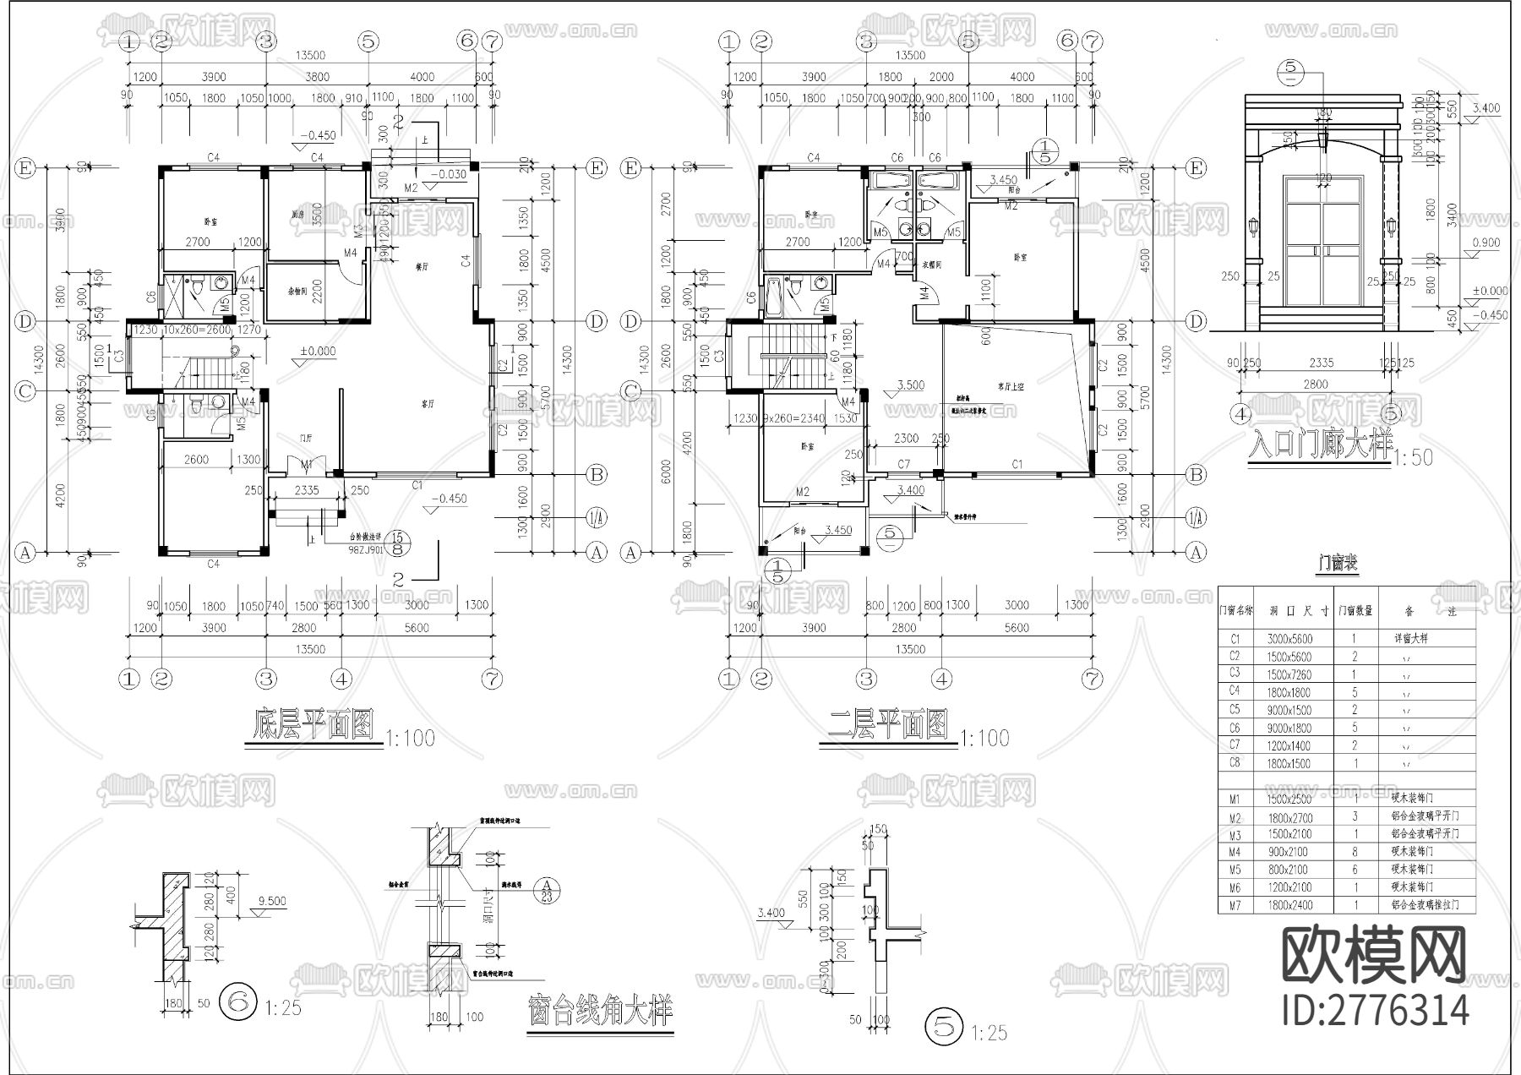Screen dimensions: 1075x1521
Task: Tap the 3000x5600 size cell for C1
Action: (x=1289, y=639)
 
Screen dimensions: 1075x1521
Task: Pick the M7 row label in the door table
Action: (x=1235, y=905)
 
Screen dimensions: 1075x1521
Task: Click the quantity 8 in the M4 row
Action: (x=1356, y=852)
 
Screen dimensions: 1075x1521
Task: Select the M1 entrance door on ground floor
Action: (x=307, y=465)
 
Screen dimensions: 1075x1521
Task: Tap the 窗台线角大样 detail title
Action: (x=600, y=1011)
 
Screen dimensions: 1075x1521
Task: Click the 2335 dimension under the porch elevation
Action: (x=1322, y=363)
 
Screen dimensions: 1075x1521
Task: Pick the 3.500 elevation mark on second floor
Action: (x=909, y=385)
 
